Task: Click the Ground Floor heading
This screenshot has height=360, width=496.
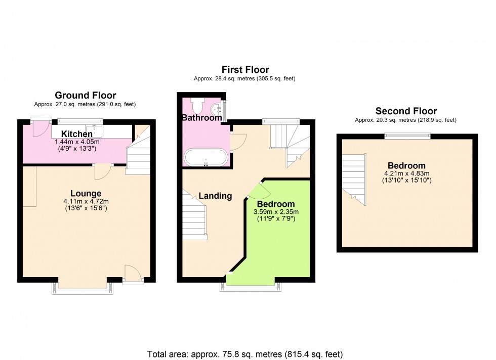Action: [85, 95]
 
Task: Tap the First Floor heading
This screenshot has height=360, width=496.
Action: [245, 70]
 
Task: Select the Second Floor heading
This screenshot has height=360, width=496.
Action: [406, 111]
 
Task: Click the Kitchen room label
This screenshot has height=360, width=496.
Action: [77, 134]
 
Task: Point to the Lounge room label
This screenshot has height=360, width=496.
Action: [86, 193]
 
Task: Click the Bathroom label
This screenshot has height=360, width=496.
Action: [202, 118]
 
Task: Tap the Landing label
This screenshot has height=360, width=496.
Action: [215, 196]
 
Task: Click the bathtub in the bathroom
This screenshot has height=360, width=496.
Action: [205, 157]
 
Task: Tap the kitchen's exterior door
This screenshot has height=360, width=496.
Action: [38, 128]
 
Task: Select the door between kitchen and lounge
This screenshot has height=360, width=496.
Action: [103, 172]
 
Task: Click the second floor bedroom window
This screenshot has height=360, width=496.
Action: [407, 135]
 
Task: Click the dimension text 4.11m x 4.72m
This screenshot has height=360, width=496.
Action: [86, 201]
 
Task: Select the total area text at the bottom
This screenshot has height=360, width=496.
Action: [245, 353]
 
